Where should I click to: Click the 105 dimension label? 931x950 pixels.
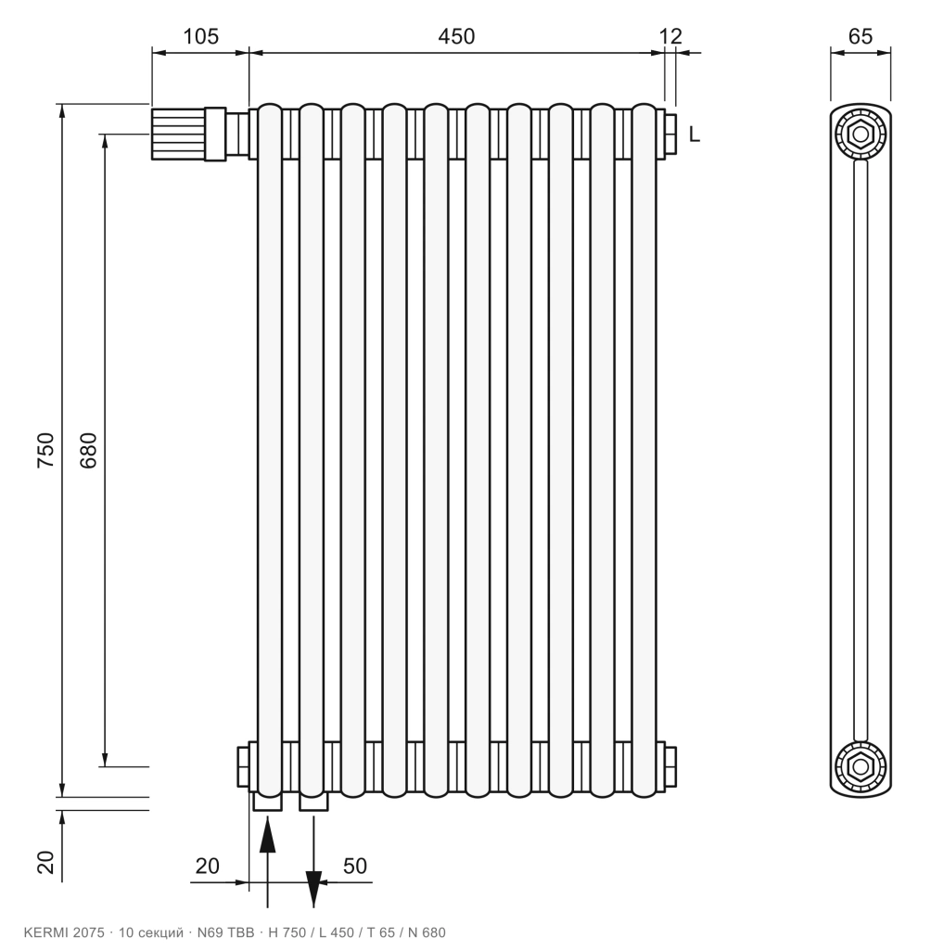200,36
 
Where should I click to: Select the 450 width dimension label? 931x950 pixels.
456,36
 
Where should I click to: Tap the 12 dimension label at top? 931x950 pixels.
670,36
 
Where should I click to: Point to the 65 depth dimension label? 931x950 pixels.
861,36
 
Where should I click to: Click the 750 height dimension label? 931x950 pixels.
46,450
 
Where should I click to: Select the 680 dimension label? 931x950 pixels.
88,450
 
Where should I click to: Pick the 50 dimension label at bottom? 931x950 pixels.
355,866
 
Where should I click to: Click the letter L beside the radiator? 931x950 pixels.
695,134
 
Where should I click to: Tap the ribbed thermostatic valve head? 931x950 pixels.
178,134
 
